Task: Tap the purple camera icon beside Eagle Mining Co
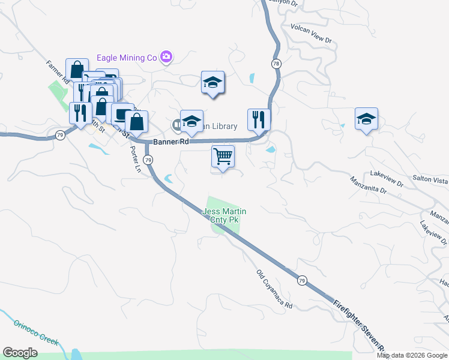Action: pyautogui.click(x=166, y=58)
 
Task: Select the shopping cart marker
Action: pyautogui.click(x=223, y=157)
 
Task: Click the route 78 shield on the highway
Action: pyautogui.click(x=276, y=63)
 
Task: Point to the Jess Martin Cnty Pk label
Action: pyautogui.click(x=224, y=215)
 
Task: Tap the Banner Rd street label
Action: pyautogui.click(x=171, y=142)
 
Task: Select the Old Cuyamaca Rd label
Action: pyautogui.click(x=274, y=290)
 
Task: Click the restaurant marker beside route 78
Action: pyautogui.click(x=259, y=119)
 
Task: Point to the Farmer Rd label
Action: pyautogui.click(x=58, y=71)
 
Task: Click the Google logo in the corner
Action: pyautogui.click(x=20, y=353)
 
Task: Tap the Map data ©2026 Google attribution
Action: pyautogui.click(x=412, y=355)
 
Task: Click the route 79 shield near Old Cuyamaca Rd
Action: pyautogui.click(x=302, y=280)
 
